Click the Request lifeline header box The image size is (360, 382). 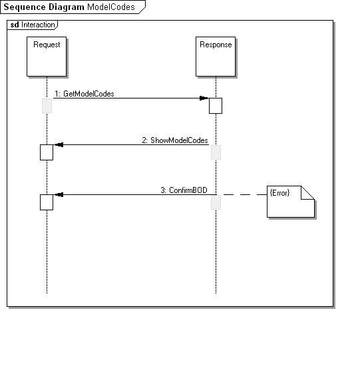tap(47, 57)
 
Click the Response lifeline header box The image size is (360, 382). tap(216, 57)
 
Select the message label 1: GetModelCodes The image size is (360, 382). tap(85, 94)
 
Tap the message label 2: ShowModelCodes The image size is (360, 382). tap(175, 140)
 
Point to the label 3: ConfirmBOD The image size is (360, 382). tap(184, 190)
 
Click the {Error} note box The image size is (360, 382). tap(291, 202)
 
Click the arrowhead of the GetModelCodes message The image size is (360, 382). tap(204, 98)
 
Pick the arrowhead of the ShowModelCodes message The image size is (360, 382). tap(59, 144)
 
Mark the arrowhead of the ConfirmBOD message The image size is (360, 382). tap(59, 194)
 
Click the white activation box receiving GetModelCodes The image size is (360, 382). tap(216, 106)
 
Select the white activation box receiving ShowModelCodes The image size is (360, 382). tap(47, 152)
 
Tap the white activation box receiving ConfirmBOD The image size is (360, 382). tap(47, 202)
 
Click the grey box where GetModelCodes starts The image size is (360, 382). tap(47, 106)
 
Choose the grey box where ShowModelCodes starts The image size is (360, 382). tap(216, 152)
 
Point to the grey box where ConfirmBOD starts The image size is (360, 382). tap(216, 202)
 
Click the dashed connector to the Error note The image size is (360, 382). tap(244, 194)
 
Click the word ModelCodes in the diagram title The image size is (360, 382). tap(111, 7)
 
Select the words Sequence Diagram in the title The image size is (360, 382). tap(44, 7)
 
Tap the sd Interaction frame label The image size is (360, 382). tap(33, 25)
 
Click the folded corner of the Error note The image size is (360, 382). tap(307, 193)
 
